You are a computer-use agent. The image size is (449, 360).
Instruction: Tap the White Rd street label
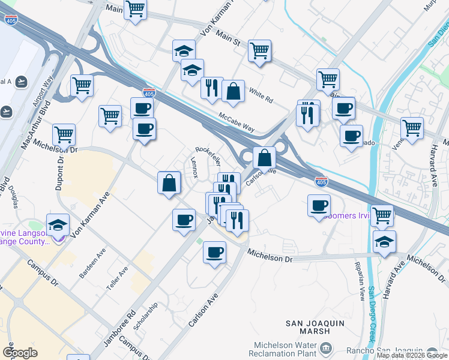261,94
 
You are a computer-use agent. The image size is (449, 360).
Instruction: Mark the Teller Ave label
118,280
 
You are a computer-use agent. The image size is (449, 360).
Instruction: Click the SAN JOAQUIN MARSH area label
307,327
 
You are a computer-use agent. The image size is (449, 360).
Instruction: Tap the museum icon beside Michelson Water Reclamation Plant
325,347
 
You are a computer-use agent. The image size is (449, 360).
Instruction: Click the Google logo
20,353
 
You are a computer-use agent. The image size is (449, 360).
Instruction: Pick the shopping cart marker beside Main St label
259,51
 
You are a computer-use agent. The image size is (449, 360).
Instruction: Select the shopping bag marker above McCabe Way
233,92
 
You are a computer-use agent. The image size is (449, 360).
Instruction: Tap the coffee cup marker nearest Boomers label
319,206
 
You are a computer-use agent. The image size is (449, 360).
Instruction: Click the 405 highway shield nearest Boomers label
322,181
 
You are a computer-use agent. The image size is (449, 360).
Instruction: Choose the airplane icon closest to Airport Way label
22,81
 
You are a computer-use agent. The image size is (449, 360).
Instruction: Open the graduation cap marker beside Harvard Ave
384,242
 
